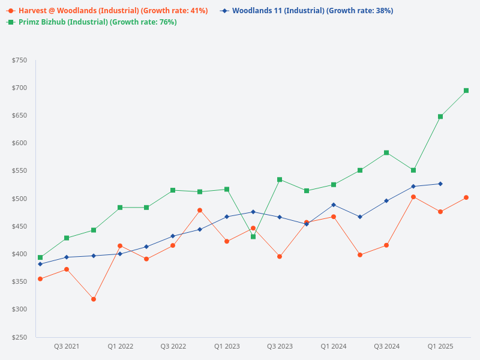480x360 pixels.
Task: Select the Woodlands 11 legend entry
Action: point(312,11)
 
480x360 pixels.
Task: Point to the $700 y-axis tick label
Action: point(19,88)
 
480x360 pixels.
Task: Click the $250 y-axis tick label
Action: point(19,337)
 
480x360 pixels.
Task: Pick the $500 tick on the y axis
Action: point(19,199)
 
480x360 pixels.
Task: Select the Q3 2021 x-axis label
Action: point(67,347)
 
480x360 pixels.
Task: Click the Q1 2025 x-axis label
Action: point(440,347)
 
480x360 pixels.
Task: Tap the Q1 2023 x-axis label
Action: point(227,347)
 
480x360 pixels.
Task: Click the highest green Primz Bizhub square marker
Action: point(466,91)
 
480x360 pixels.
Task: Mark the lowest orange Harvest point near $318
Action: point(94,299)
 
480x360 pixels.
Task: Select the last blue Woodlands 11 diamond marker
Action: point(440,184)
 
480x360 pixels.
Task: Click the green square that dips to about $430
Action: point(253,236)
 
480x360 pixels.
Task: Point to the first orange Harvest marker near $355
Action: point(40,279)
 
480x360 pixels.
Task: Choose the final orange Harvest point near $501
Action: point(466,197)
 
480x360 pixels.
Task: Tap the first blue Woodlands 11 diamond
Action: point(40,264)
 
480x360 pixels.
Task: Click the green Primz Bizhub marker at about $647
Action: point(440,116)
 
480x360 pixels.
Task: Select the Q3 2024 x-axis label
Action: point(387,347)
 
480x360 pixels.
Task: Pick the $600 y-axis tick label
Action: point(19,143)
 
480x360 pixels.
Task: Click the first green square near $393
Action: point(40,257)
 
